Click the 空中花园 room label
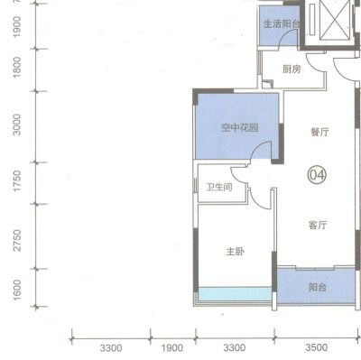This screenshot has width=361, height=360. [240, 128]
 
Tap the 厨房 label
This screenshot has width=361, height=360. [292, 69]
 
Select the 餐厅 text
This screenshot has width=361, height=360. [319, 132]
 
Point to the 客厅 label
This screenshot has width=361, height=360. [318, 225]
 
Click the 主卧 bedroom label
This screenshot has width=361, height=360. [236, 252]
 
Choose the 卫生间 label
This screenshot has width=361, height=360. [219, 188]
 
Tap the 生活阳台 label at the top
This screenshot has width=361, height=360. [282, 23]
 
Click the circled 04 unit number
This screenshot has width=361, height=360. [317, 174]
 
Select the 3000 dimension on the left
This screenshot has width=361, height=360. [17, 125]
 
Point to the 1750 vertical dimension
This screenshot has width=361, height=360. [17, 180]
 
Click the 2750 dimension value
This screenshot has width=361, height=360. [17, 240]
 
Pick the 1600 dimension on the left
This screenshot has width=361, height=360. [17, 290]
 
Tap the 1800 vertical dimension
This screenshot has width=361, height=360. [17, 67]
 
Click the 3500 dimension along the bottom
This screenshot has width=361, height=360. [316, 347]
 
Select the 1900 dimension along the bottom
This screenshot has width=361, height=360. [172, 348]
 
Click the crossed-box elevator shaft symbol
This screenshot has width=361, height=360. [335, 20]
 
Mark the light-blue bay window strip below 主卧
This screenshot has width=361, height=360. [235, 293]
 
